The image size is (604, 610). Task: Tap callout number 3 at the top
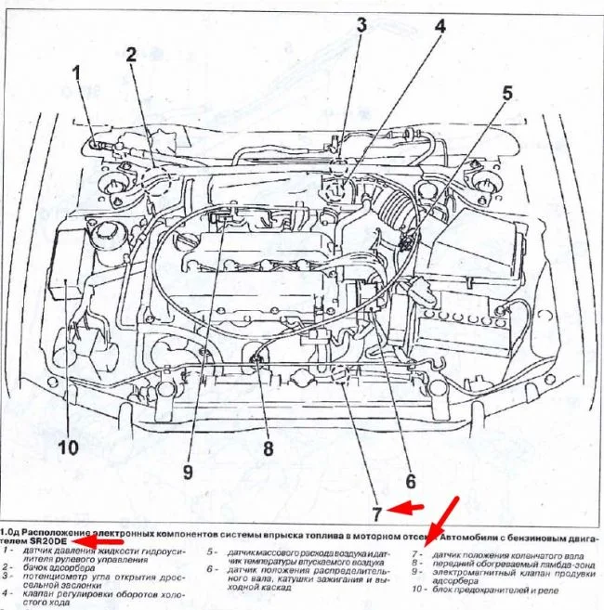(x=361, y=26)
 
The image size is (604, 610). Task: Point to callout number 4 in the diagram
(x=440, y=27)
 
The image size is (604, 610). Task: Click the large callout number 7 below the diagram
(x=378, y=513)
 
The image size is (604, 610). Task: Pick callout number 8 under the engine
(x=268, y=448)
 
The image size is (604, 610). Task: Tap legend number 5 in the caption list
(x=213, y=552)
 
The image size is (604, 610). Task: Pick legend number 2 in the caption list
(x=7, y=566)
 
